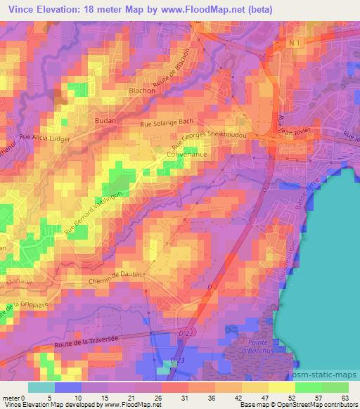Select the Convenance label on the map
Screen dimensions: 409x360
tap(187, 153)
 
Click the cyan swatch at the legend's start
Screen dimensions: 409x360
tap(41, 387)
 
